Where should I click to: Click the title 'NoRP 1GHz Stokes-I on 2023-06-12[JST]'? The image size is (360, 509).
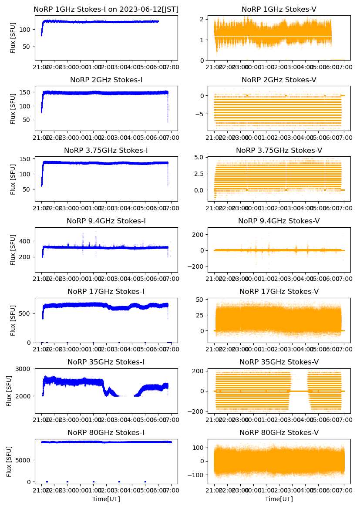point(106,9)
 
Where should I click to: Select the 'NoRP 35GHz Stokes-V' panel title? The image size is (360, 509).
point(279,362)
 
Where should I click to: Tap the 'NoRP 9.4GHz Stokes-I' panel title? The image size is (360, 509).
point(106,221)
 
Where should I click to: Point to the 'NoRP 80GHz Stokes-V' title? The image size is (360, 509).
point(279,433)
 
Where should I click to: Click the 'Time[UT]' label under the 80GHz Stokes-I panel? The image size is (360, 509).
point(106,499)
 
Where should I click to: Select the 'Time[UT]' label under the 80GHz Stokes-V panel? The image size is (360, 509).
point(279,499)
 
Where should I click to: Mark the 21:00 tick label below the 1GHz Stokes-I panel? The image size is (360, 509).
point(42,67)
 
